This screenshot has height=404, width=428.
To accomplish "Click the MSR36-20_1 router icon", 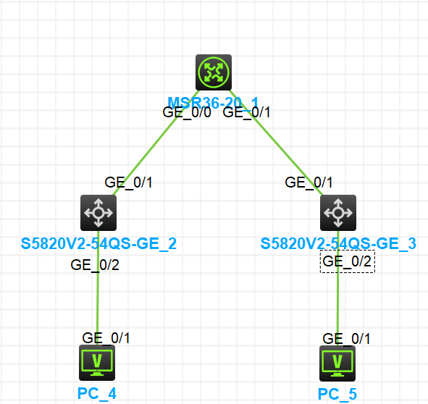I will (214, 72).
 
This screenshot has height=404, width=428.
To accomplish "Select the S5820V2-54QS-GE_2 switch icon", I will (98, 213).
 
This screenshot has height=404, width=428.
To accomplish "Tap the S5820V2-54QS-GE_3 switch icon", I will (337, 213).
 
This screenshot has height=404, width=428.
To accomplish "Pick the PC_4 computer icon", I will (96, 362).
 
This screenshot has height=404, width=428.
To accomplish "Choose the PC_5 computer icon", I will (337, 362).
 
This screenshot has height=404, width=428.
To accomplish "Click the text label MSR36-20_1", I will (213, 101).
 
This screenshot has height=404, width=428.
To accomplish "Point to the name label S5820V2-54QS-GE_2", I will (98, 244).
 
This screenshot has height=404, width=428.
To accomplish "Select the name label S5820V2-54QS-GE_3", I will (338, 244).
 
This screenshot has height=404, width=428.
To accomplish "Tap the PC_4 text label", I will (97, 394).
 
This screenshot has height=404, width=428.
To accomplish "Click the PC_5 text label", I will (337, 394).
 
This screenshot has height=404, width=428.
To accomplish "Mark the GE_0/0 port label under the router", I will (186, 112).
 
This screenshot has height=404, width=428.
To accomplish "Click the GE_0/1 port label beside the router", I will (246, 112).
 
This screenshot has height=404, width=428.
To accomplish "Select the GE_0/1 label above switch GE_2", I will (129, 182).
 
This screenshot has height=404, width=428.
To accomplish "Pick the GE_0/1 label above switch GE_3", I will (309, 182).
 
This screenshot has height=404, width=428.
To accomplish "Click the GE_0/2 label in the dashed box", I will (348, 261).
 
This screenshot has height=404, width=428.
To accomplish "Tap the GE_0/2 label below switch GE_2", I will (95, 264).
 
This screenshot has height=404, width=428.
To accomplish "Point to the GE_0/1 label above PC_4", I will (106, 337).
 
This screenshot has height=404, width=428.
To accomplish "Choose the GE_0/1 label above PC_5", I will (347, 338).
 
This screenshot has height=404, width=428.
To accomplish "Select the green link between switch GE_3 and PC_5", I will (337, 304).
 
